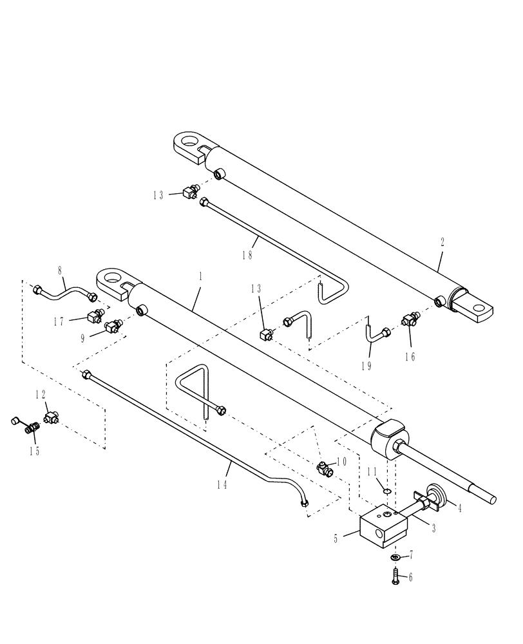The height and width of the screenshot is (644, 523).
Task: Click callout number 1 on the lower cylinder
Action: [x=200, y=276]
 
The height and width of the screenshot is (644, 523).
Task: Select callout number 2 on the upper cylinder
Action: [x=441, y=243]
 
